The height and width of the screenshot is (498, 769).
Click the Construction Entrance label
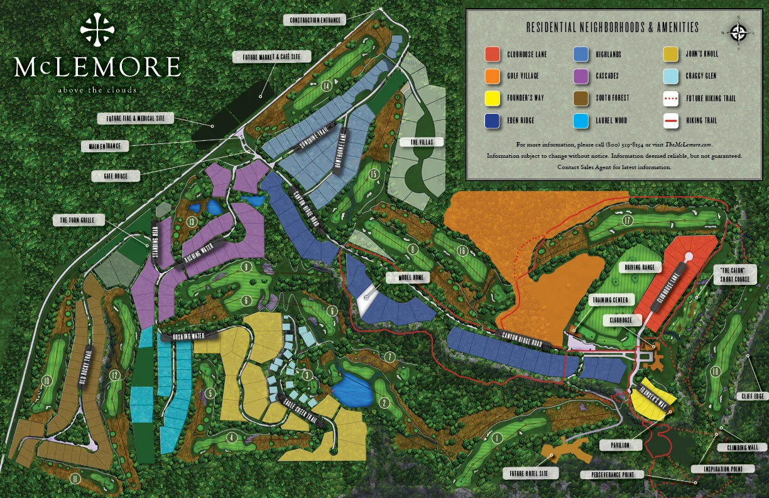pos(315,20)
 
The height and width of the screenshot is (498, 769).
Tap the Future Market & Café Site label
pos(273,57)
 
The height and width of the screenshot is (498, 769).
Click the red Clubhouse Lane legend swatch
pos(493,54)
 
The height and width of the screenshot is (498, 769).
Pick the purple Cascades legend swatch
pos(581,76)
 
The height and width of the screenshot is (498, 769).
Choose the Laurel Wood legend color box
pos(581,120)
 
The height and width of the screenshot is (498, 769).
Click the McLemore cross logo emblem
pos(98,30)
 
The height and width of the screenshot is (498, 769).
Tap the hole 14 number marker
pos(325,86)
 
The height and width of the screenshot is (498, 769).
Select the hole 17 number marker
pos(626,220)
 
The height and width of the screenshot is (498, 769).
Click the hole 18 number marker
pos(715,371)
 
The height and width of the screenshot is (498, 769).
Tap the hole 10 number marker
pos(46,380)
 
